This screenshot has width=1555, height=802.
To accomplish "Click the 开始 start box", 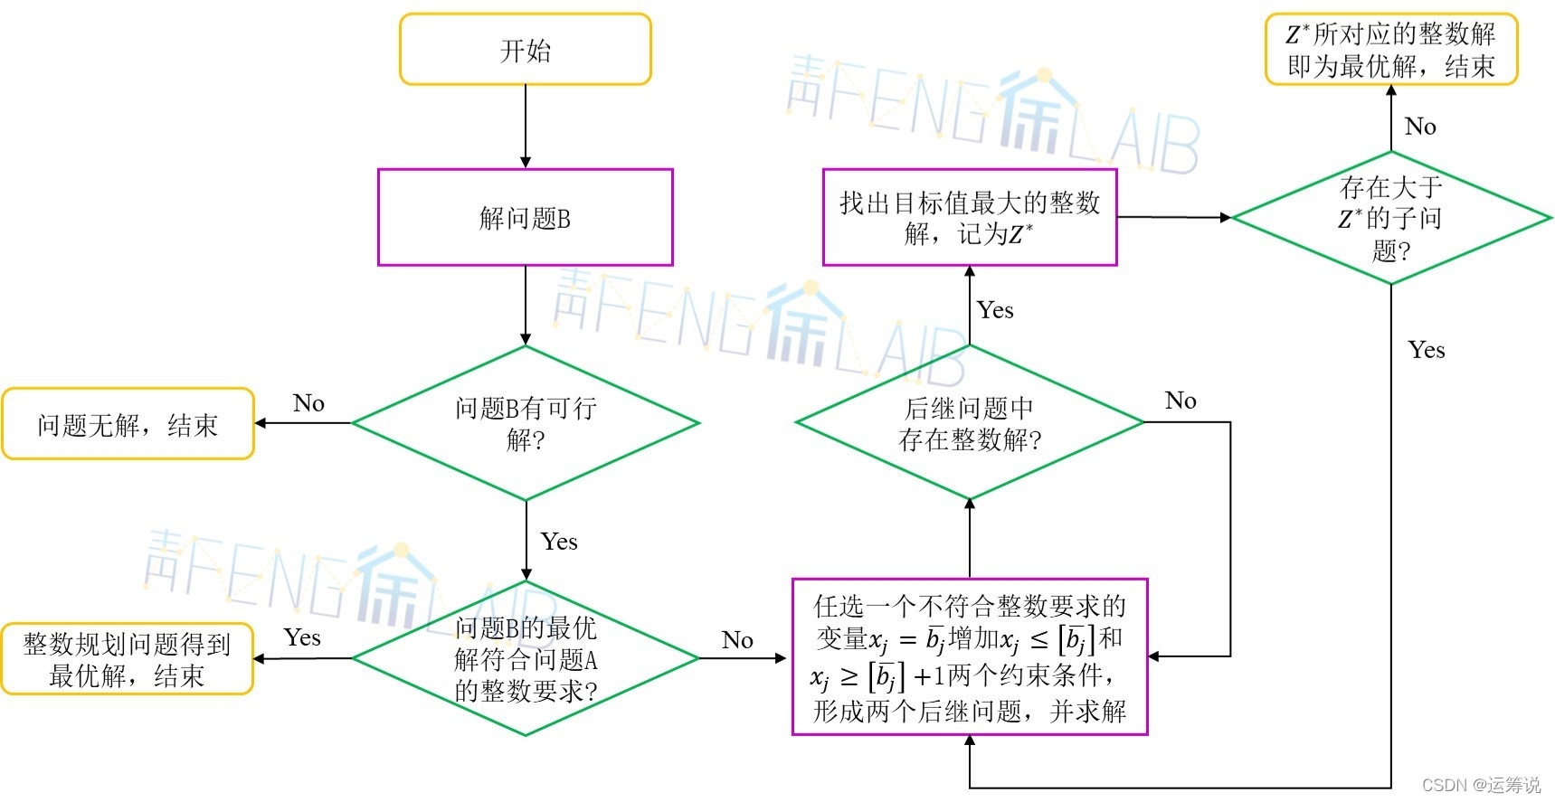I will click(x=525, y=50).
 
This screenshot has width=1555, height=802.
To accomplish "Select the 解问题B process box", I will click(x=525, y=217).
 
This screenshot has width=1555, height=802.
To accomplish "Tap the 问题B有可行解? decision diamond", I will click(x=525, y=423).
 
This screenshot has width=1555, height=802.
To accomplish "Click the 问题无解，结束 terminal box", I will click(x=128, y=424).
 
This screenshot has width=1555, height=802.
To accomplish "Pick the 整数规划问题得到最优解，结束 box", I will click(x=127, y=659).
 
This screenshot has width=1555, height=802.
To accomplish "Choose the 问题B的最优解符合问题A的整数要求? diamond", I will click(x=525, y=659).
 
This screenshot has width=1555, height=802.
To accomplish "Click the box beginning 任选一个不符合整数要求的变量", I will click(x=969, y=657).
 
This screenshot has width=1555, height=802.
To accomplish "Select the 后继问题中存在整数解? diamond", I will click(x=969, y=423).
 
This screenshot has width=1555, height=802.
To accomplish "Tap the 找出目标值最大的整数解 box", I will click(x=969, y=217).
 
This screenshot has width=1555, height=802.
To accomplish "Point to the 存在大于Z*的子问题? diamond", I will click(x=1390, y=218).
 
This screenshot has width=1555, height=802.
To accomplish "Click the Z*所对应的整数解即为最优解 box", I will click(x=1390, y=50).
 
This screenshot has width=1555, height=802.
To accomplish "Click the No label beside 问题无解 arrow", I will click(x=308, y=403).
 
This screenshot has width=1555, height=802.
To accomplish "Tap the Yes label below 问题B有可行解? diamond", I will click(x=559, y=542).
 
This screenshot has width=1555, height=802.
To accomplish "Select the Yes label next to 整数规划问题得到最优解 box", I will click(x=302, y=637).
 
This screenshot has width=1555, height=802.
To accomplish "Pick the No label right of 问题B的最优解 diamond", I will click(x=737, y=640).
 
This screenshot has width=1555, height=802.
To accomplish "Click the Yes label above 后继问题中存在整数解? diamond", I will click(x=995, y=310).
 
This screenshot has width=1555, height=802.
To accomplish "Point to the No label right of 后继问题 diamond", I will click(x=1180, y=401).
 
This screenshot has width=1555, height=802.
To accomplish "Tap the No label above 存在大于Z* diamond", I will click(x=1420, y=127).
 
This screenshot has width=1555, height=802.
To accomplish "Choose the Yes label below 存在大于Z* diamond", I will click(x=1427, y=350).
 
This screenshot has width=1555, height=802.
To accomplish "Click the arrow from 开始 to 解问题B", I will click(x=526, y=127).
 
